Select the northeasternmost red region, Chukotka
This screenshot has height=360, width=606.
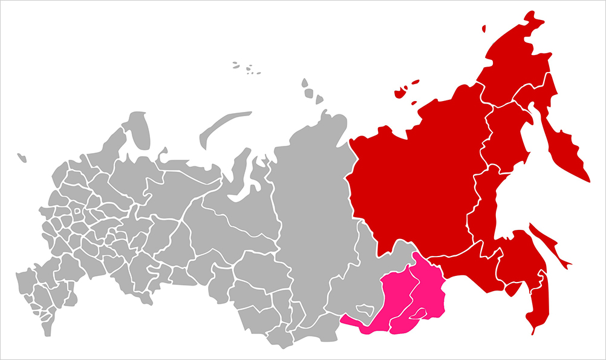click(514, 61)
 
